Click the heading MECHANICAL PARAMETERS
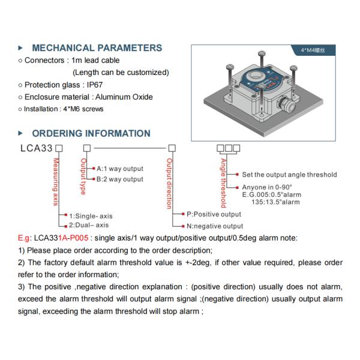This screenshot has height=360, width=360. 97,48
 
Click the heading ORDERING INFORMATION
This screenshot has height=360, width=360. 91,133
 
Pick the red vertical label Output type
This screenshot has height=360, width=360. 83,175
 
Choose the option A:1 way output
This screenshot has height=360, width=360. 120,169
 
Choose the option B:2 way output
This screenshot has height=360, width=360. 120,179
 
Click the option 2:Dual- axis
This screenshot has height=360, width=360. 89,225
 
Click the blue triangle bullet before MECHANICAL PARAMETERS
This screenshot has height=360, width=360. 21,48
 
